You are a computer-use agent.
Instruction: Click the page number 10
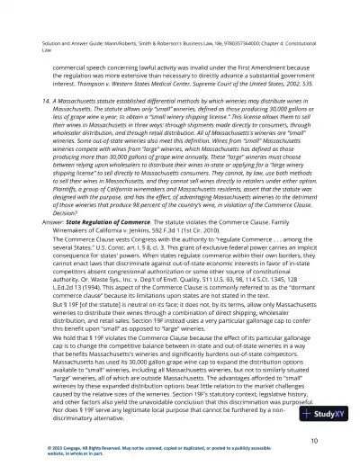310,441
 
